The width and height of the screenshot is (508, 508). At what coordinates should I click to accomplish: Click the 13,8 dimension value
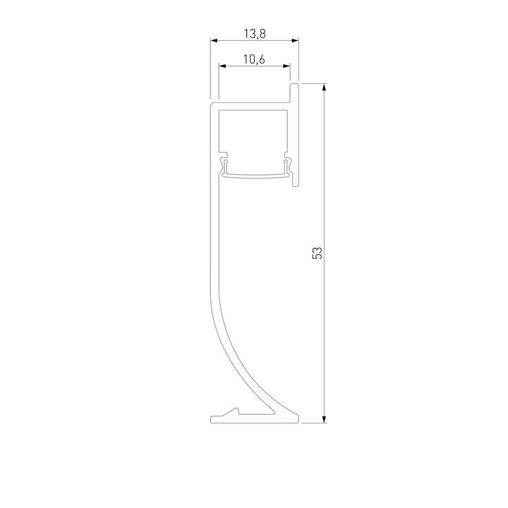pos(255,33)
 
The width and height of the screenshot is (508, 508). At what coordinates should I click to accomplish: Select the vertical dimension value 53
pos(317,253)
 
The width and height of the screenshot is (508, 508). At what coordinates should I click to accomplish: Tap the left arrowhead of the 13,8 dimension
pos(214,42)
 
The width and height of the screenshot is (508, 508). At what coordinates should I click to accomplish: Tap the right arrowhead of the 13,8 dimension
pos(296,42)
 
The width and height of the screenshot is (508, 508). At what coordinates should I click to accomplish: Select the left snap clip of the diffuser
pos(224,166)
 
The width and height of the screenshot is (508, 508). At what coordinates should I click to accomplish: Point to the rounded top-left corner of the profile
pos(213,104)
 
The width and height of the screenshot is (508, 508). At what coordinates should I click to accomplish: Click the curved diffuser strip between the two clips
pos(255,175)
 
